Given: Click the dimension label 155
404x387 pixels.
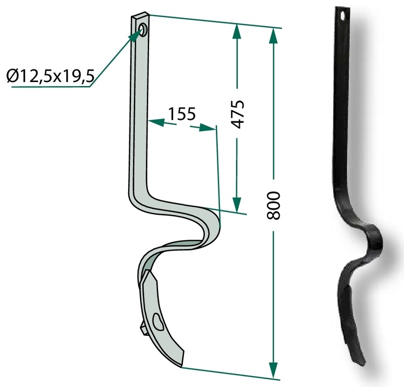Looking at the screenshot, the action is tap(182, 113).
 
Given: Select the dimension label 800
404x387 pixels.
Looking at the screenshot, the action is tap(273, 206).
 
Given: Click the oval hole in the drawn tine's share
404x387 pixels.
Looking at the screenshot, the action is tap(158, 321).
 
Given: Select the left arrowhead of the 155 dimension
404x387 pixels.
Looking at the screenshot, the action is tap(156, 122).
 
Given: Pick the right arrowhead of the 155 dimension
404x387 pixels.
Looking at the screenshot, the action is tap(207, 127).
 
